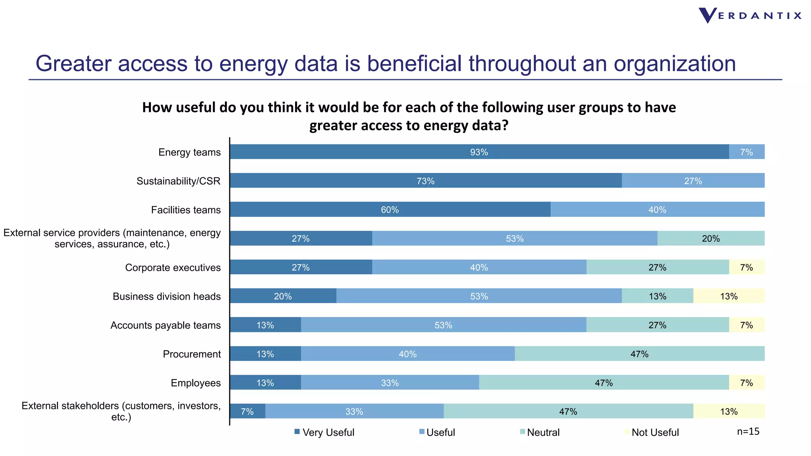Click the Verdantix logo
tap(750, 16)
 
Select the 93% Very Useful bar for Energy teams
tap(479, 152)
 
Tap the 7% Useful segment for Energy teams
tap(746, 152)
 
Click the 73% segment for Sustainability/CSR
tap(426, 181)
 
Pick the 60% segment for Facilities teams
tap(390, 210)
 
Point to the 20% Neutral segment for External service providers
tap(711, 239)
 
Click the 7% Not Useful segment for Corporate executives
tap(746, 268)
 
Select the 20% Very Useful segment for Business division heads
tap(283, 296)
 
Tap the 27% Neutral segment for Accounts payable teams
tap(657, 325)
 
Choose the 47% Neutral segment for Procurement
tap(640, 354)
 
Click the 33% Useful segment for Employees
tap(390, 383)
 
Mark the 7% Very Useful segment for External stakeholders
tap(247, 412)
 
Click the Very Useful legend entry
tap(325, 432)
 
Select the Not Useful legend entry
tap(652, 432)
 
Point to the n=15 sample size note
tap(748, 431)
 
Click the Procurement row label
tap(192, 354)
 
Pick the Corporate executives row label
tap(173, 268)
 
